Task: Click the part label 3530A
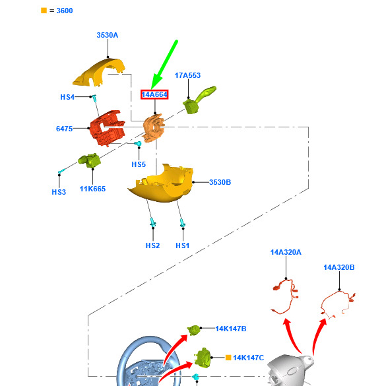coord(108,35)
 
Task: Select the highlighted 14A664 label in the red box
coord(154,94)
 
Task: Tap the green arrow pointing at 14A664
coord(164,65)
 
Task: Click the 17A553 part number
coord(187,75)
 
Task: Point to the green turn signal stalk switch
coord(199,100)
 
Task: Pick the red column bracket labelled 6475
coord(108,128)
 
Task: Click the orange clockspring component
coord(153,128)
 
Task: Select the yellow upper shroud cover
coord(100,72)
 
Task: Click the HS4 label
coord(67,97)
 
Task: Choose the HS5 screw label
coord(139,164)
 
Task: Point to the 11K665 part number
coord(92,189)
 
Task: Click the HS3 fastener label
coord(59,192)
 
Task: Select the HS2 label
coord(152,245)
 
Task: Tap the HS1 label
coord(182,245)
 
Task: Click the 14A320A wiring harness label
coord(286,252)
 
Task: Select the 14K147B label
coord(231,329)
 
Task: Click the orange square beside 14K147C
coord(228,358)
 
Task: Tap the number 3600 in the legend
coord(65,11)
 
